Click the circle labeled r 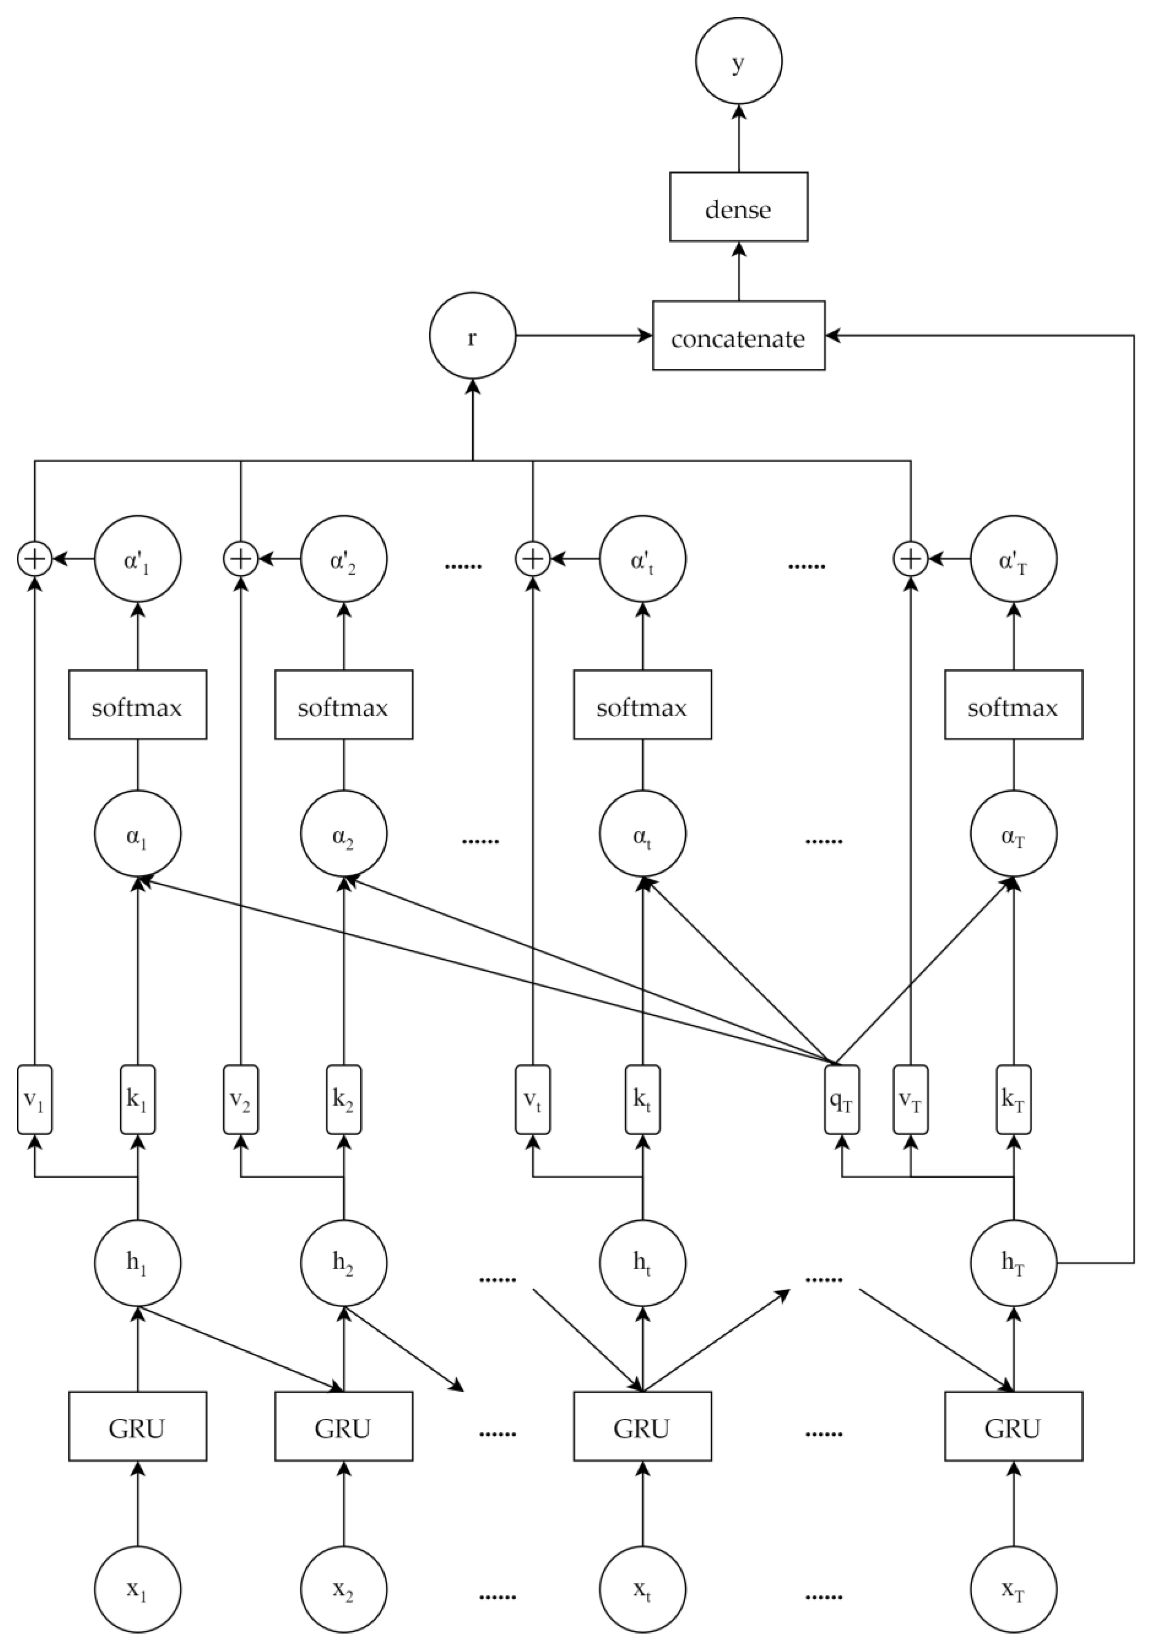coord(472,336)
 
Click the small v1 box coord(34,1100)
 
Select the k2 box coord(343,1100)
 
